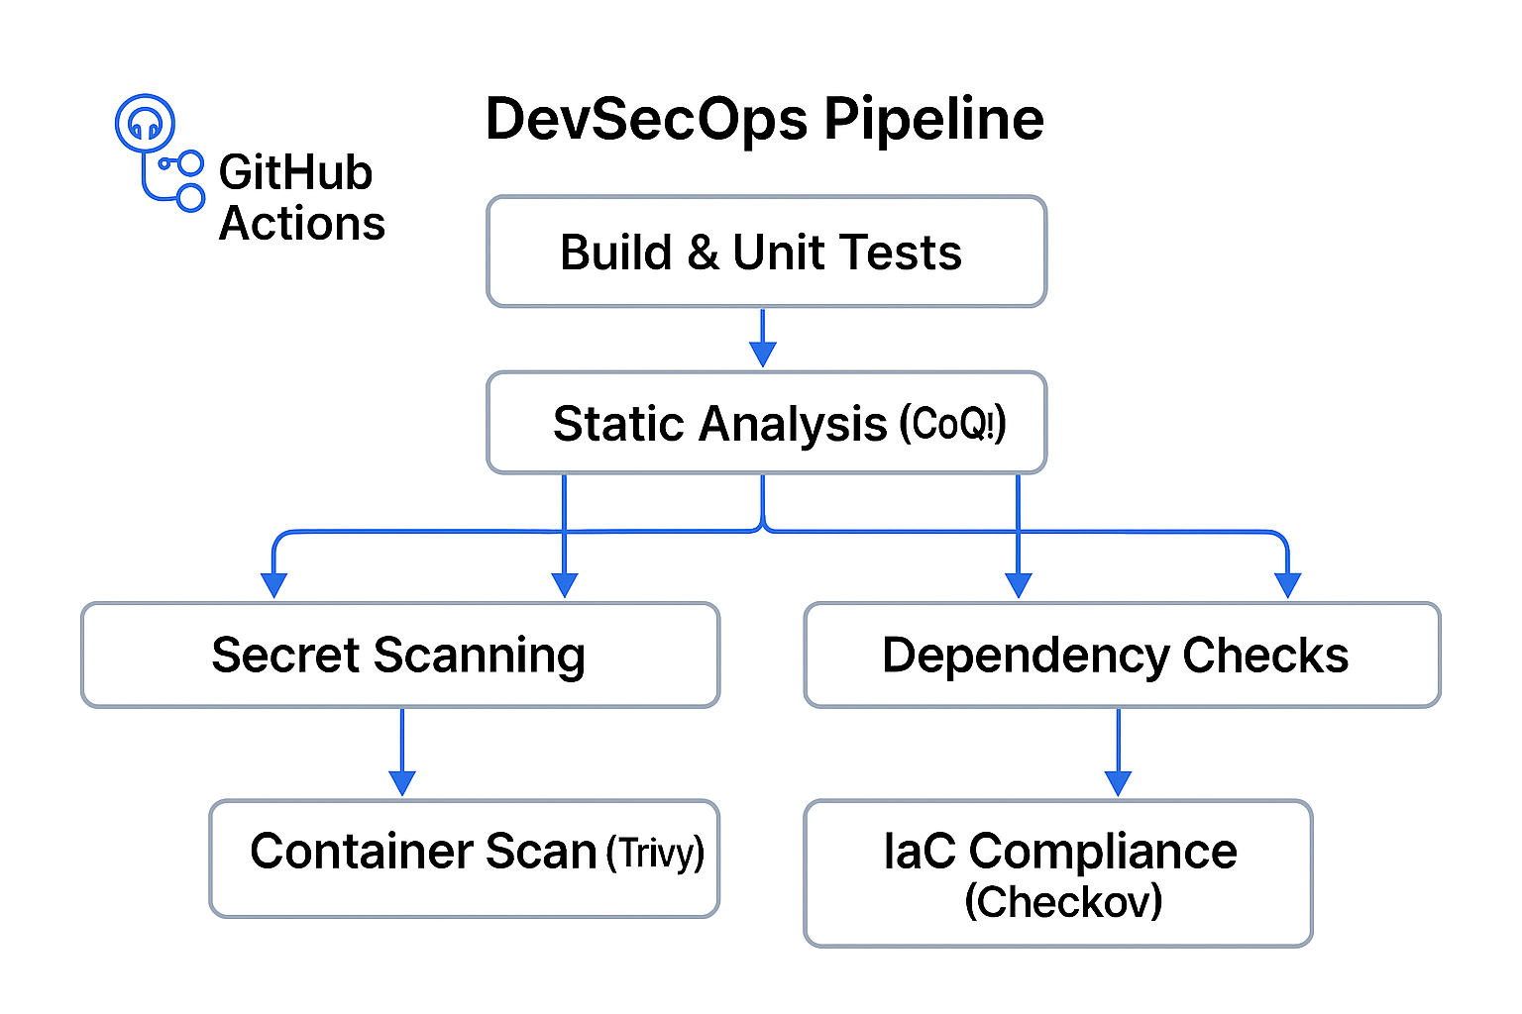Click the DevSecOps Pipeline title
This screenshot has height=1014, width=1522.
pyautogui.click(x=764, y=120)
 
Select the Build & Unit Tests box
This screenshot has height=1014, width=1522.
pyautogui.click(x=766, y=252)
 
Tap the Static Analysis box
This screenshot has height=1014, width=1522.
pyautogui.click(x=766, y=423)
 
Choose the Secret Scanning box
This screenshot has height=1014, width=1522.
pyautogui.click(x=399, y=655)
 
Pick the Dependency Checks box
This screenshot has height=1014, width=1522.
pyautogui.click(x=1121, y=655)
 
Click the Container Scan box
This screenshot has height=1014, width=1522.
pyautogui.click(x=464, y=858)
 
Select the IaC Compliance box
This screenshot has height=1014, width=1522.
pyautogui.click(x=1057, y=872)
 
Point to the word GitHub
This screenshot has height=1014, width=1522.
pyautogui.click(x=295, y=173)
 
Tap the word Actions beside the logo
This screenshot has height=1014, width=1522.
pyautogui.click(x=302, y=224)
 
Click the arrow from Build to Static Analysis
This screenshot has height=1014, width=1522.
pyautogui.click(x=762, y=339)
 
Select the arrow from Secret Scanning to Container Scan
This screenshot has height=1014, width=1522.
pyautogui.click(x=401, y=753)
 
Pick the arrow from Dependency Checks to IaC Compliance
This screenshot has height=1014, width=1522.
pyautogui.click(x=1118, y=753)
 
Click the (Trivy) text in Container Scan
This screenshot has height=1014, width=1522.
pyautogui.click(x=655, y=853)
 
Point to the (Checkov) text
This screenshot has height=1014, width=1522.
pyautogui.click(x=1063, y=902)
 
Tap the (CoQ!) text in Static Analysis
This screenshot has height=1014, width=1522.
pyautogui.click(x=952, y=425)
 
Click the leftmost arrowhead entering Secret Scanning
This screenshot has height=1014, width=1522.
pyautogui.click(x=273, y=585)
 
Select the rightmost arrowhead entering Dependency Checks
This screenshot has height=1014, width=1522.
pyautogui.click(x=1287, y=585)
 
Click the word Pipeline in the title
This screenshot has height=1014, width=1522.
pyautogui.click(x=933, y=120)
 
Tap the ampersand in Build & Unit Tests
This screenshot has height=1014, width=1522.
pyautogui.click(x=703, y=253)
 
